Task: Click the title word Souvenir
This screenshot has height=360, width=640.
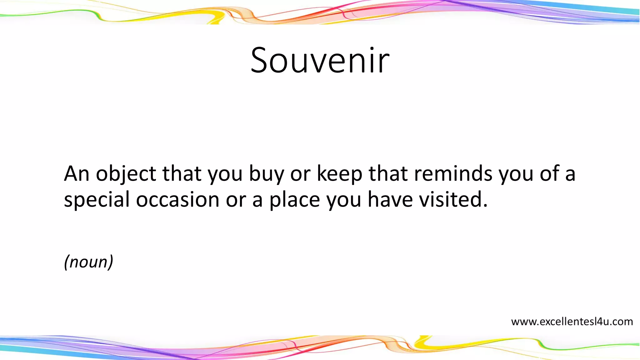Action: pos(320,60)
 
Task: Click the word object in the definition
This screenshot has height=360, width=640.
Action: pos(126,174)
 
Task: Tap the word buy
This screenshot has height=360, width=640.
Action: pos(266,174)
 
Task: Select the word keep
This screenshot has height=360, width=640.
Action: pos(339,174)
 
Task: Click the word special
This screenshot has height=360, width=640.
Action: pos(97,200)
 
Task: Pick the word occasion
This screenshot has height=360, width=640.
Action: pos(177,200)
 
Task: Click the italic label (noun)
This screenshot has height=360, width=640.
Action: pos(88,262)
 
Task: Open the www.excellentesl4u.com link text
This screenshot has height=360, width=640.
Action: pos(572,322)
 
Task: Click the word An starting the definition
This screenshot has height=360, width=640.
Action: pos(77,174)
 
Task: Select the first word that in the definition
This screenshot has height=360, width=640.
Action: pos(182,174)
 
